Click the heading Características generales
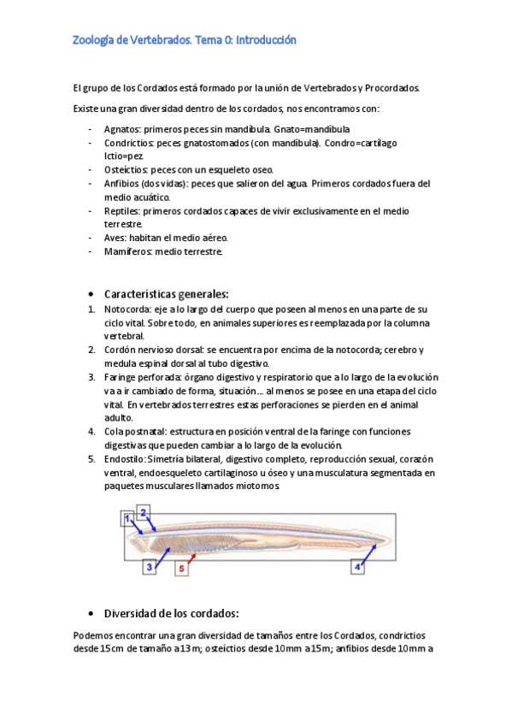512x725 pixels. pos(166,293)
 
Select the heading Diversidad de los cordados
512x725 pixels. pos(171,613)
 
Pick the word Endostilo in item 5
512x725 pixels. pos(124,459)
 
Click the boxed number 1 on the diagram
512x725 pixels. pos(127,517)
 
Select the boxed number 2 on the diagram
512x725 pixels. pos(144,512)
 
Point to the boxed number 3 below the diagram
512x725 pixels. pos(149,566)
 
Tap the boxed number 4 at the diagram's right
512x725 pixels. pos(356,566)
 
